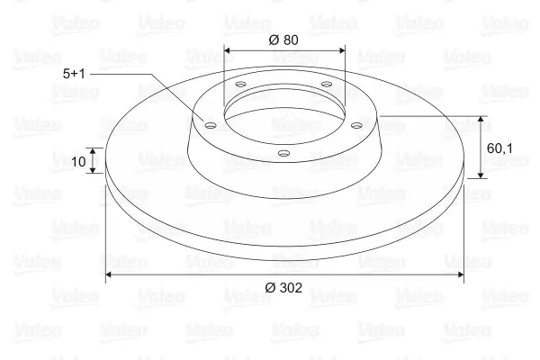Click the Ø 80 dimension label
point(283,40)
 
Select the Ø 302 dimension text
point(283,287)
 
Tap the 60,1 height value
point(499,148)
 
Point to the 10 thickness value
point(78,162)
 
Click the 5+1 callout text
point(74,74)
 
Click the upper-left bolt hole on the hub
point(240,84)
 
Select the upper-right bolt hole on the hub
point(326,84)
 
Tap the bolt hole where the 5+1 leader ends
point(210,125)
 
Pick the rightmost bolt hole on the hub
point(357,125)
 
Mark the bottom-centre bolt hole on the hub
point(283,153)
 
